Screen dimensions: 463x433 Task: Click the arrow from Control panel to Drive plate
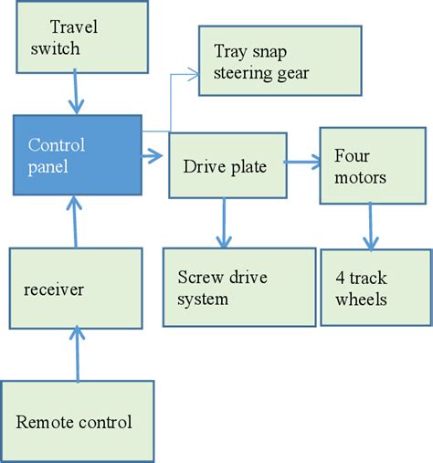(153, 159)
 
